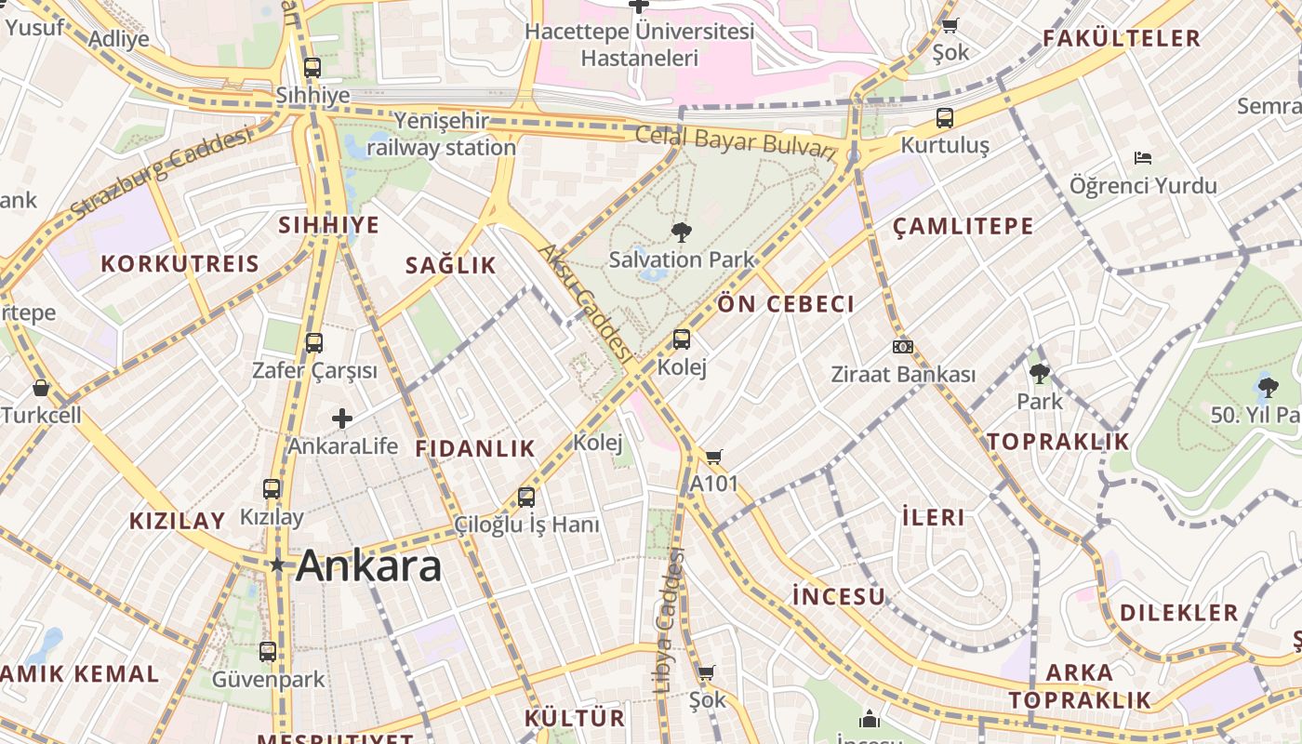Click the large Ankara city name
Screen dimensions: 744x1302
368,565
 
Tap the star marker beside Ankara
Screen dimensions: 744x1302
276,565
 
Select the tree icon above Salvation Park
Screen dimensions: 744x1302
681,232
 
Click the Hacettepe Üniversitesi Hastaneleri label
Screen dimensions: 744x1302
639,45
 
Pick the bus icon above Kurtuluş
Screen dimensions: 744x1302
945,118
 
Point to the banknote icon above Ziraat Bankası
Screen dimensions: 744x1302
902,347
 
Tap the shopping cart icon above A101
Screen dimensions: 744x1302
713,457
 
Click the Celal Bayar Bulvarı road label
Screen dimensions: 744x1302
737,141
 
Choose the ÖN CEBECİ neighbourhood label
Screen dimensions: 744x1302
786,304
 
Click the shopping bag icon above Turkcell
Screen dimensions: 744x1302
40,388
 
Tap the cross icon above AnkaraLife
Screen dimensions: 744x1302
342,418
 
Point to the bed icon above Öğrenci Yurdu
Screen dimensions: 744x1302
1143,158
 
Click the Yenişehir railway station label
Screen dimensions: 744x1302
441,134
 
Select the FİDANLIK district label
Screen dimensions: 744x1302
475,448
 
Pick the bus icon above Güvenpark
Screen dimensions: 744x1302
268,652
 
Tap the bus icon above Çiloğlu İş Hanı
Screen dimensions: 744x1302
526,498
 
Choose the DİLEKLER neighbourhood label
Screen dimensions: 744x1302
1178,613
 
